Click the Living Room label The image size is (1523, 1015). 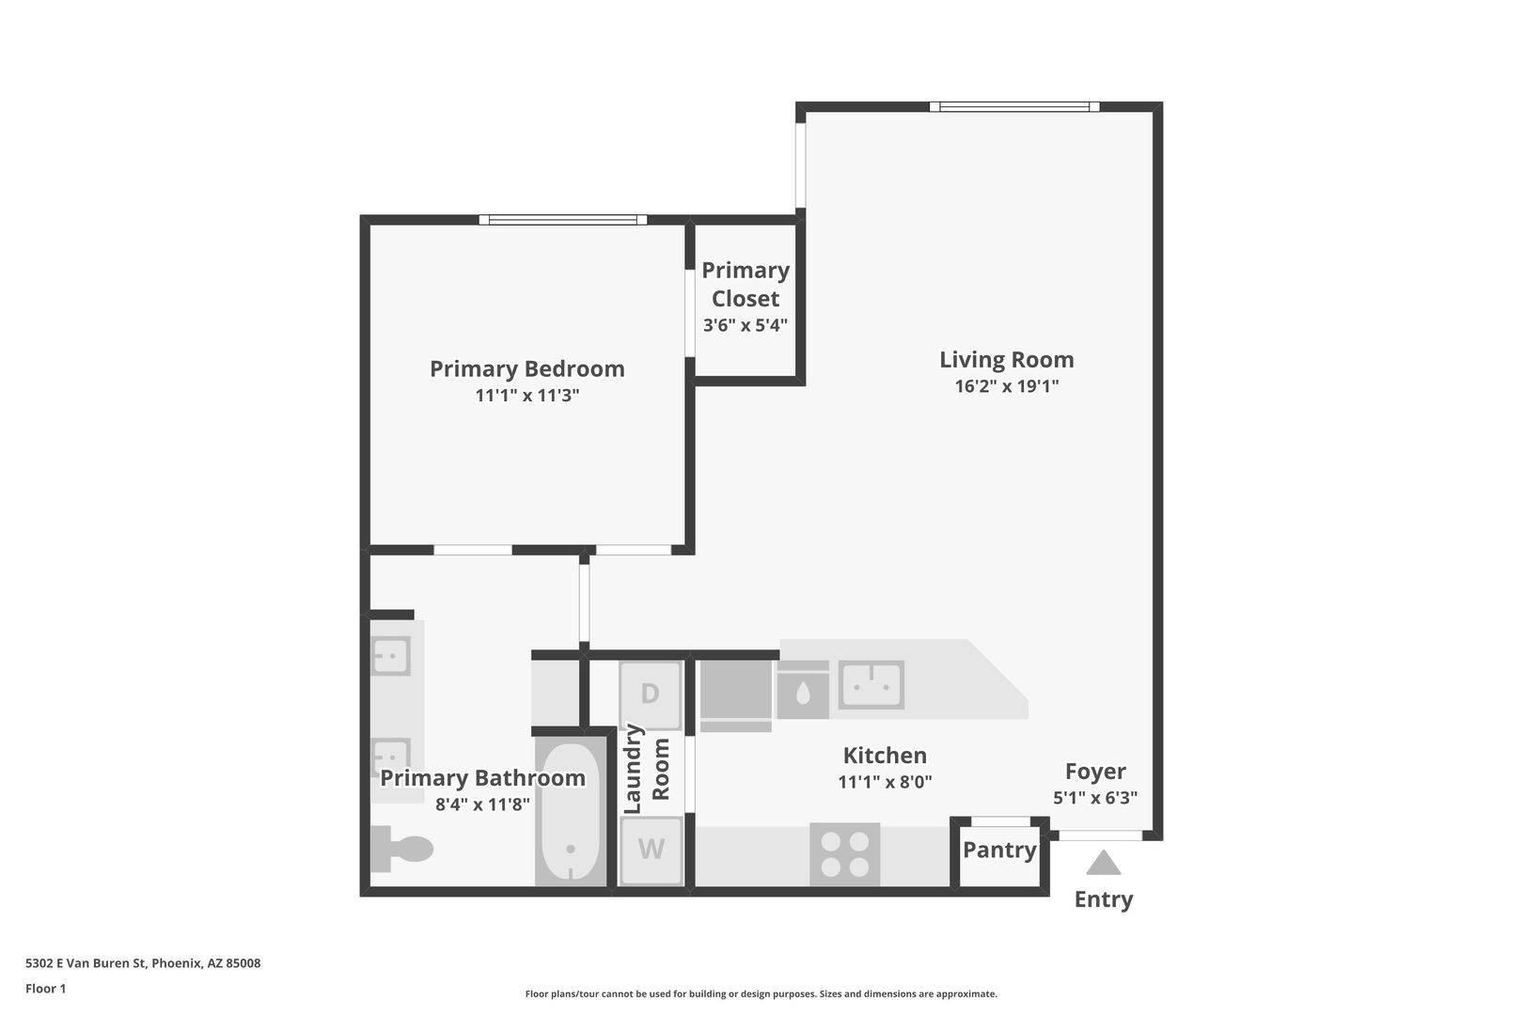[x=1006, y=360]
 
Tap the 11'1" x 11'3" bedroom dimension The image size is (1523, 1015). [x=526, y=395]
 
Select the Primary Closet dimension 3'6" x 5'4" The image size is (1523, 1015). [x=746, y=325]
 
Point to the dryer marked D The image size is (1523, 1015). [x=650, y=695]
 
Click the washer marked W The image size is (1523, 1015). [x=651, y=850]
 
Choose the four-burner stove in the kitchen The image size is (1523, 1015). [x=844, y=854]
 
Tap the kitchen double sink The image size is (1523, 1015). [x=871, y=685]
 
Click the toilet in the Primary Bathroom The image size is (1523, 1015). [x=401, y=849]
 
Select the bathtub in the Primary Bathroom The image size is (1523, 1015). [x=571, y=812]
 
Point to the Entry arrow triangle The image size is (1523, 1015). [x=1103, y=864]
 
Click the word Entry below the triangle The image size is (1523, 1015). [x=1104, y=899]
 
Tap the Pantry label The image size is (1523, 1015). [x=999, y=850]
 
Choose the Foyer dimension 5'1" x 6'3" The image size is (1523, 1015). [x=1095, y=798]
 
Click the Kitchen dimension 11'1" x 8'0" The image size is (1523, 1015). [x=885, y=782]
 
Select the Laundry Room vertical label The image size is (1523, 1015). [x=647, y=769]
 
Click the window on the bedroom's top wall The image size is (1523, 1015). [x=563, y=220]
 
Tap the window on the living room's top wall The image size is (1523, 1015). [x=1014, y=107]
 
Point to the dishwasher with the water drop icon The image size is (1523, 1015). [x=802, y=691]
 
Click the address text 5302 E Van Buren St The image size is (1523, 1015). [x=86, y=963]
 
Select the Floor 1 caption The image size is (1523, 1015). [x=45, y=989]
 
